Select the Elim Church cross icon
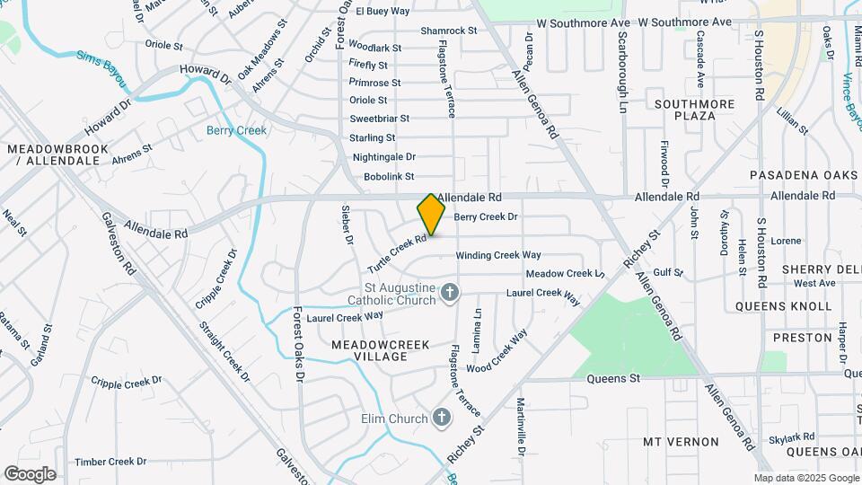[441, 417]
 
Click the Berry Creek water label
[236, 130]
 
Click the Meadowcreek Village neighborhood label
[380, 350]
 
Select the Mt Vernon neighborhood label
[681, 442]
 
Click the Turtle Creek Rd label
[395, 255]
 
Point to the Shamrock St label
[448, 31]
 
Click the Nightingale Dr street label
[384, 157]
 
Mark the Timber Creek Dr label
[110, 462]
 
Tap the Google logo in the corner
[30, 474]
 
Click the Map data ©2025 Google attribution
[805, 478]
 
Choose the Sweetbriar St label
[379, 119]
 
